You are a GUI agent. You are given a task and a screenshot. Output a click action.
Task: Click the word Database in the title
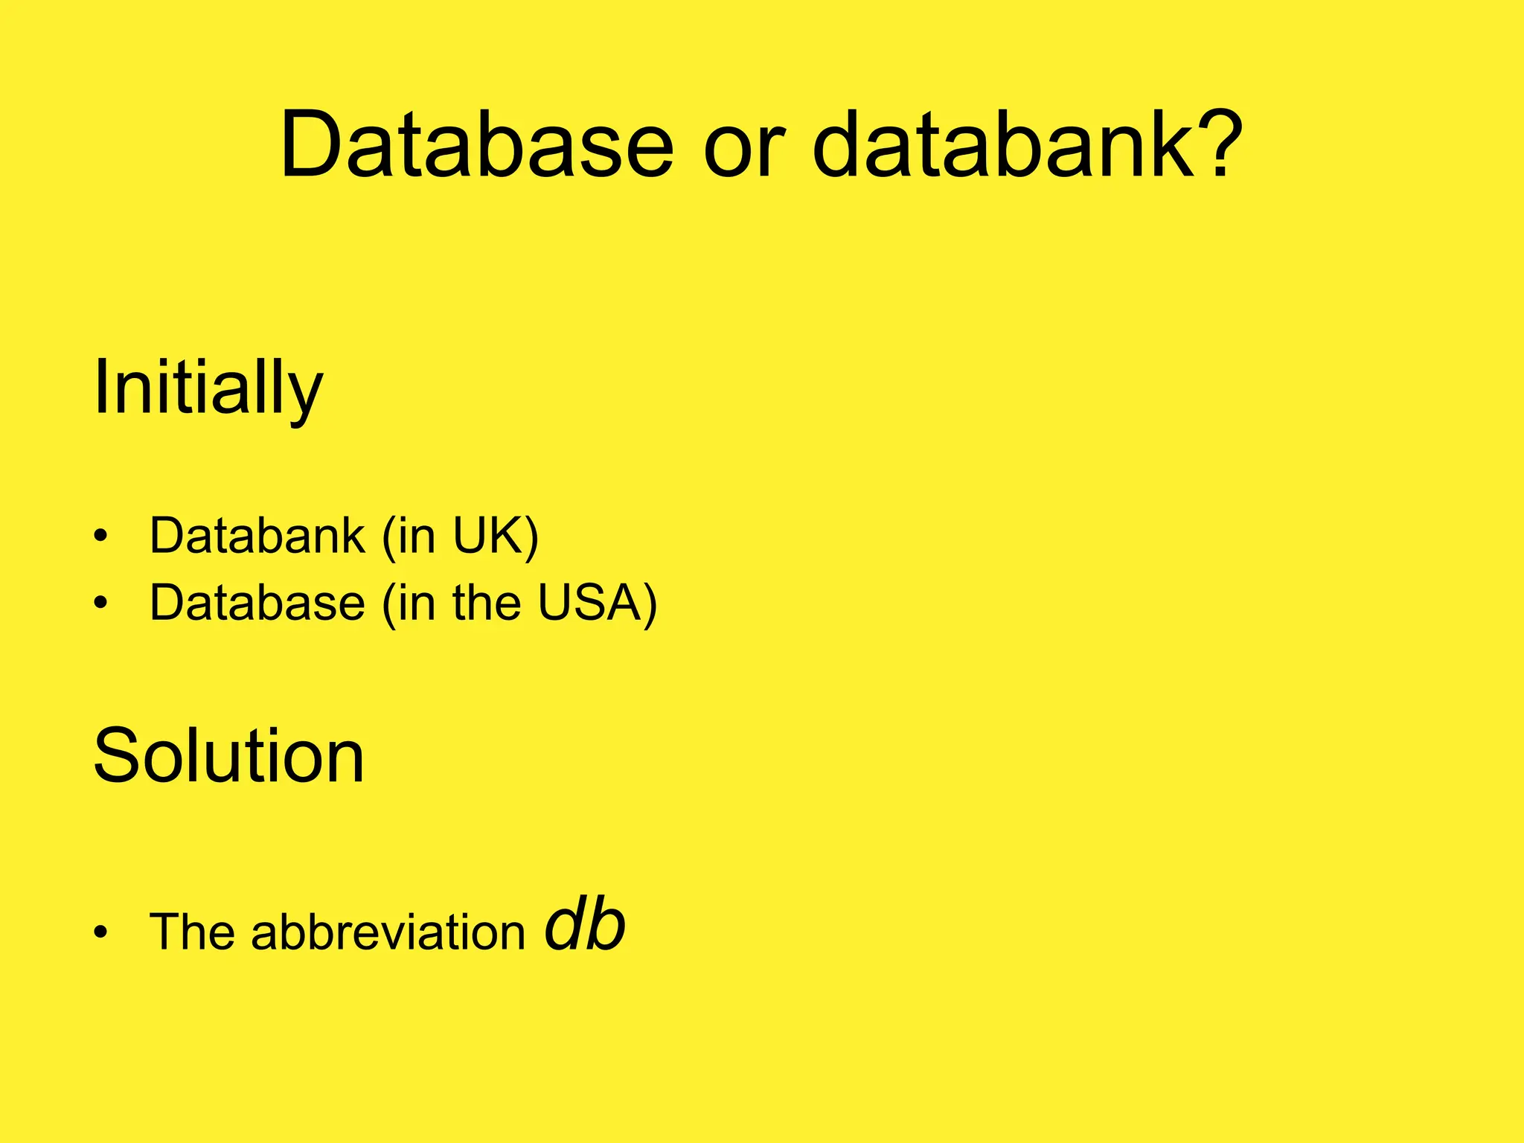[476, 145]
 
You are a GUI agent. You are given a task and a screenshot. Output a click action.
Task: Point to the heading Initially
[208, 388]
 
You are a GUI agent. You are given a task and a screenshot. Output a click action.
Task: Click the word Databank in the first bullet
[257, 535]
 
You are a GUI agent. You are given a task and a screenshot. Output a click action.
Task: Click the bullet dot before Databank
[101, 537]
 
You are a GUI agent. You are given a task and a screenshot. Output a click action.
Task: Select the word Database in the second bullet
[257, 602]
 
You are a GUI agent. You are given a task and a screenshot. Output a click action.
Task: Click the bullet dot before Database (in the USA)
[101, 603]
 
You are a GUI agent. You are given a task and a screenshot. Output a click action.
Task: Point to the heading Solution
[228, 756]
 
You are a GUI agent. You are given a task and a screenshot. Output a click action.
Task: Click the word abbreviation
[388, 932]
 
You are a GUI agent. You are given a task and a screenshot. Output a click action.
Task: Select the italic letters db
[585, 926]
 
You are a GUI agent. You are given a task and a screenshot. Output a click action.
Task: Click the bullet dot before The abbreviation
[101, 933]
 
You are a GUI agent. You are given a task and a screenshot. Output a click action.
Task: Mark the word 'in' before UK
[416, 535]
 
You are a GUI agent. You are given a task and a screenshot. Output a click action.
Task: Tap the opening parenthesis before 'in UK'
[388, 537]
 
